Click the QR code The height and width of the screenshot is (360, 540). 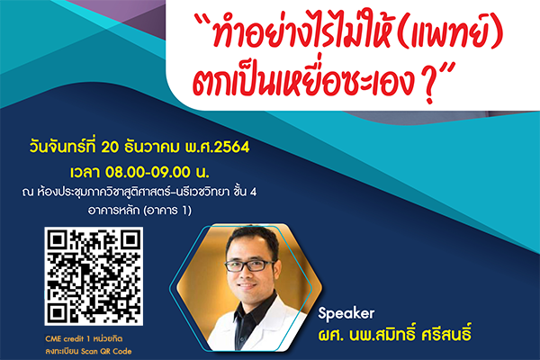(x=94, y=276)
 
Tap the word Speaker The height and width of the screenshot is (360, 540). (x=346, y=314)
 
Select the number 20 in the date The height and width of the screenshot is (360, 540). (x=110, y=148)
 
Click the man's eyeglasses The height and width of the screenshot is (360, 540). (x=249, y=265)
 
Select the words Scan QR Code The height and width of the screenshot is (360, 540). (x=106, y=351)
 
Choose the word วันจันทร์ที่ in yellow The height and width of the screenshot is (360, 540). (x=63, y=147)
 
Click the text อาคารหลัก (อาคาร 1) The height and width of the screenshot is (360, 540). (x=139, y=210)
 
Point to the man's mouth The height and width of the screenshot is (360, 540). (x=247, y=286)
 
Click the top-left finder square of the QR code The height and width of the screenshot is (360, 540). (x=58, y=240)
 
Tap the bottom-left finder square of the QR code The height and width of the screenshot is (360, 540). (x=58, y=312)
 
